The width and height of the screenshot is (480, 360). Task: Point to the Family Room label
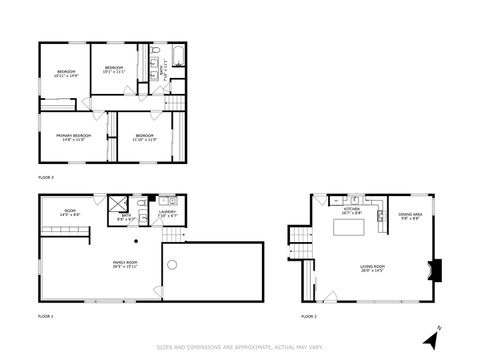point(125,264)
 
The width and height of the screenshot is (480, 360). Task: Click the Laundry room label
point(167,213)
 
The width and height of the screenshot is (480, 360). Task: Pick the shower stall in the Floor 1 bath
point(117,202)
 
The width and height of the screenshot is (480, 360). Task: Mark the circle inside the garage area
point(172,265)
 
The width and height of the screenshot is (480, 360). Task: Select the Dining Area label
point(409,216)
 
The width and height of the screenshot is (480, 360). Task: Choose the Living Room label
point(373,268)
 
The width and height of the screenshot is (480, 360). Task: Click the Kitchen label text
point(351,211)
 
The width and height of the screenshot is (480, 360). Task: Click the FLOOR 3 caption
point(46,177)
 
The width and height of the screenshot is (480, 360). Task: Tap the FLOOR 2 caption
point(308,316)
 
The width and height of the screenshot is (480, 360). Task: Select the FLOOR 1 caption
point(46,316)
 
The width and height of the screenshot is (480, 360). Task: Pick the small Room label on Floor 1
point(70,213)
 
